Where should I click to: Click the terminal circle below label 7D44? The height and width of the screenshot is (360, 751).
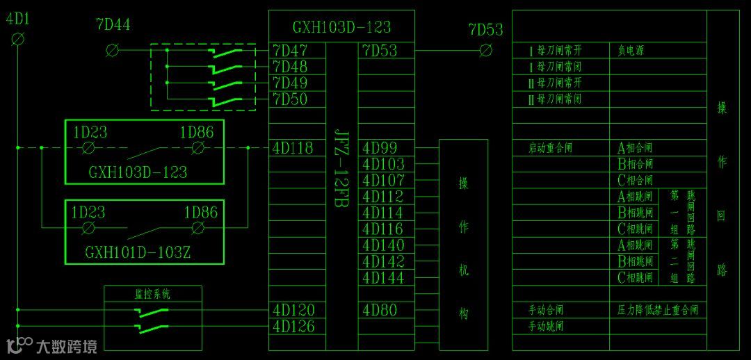(111, 50)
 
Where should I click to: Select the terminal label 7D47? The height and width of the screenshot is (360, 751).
(290, 50)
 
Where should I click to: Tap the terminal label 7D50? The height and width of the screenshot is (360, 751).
(290, 99)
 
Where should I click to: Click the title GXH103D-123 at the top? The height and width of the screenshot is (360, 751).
(341, 27)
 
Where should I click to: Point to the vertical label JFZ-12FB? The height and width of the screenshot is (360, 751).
(341, 170)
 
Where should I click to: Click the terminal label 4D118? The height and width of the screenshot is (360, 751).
(293, 148)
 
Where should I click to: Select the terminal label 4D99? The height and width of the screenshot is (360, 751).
(380, 148)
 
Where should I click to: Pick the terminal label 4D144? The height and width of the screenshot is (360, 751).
(383, 278)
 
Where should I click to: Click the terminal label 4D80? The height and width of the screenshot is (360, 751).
(380, 310)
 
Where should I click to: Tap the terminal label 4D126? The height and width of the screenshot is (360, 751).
(293, 327)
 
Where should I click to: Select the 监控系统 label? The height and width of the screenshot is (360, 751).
(152, 294)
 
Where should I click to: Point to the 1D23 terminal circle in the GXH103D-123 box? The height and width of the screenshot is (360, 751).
(88, 148)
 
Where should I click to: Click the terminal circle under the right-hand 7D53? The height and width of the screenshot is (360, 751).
(486, 50)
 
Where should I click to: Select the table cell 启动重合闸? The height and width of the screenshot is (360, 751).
(551, 148)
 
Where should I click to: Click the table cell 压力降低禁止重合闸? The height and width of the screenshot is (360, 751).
(657, 310)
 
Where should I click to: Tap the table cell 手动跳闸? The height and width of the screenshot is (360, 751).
(546, 326)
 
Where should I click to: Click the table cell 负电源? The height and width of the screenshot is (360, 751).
(631, 51)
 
